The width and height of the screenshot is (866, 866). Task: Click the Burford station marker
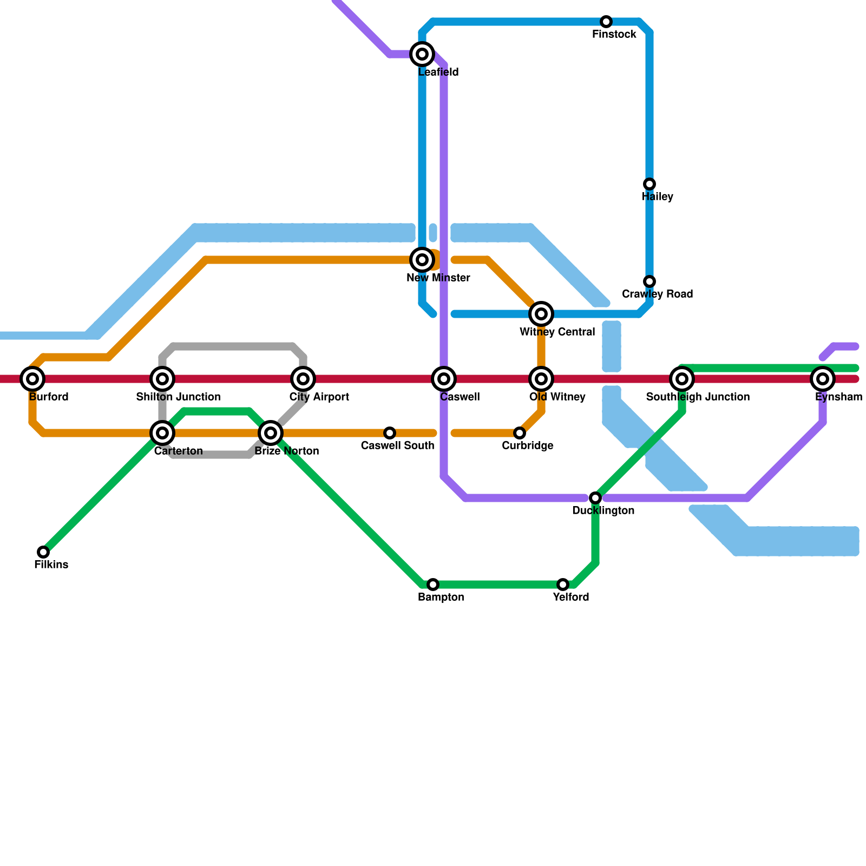(32, 379)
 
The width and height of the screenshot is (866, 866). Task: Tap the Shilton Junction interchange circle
(162, 379)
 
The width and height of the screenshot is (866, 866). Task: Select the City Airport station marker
(303, 379)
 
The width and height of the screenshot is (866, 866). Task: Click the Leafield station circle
(422, 54)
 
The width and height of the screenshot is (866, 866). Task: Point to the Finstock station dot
(606, 22)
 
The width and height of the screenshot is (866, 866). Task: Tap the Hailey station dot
(649, 184)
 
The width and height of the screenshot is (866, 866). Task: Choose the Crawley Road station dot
(649, 281)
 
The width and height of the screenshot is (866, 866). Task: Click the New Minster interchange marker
(422, 260)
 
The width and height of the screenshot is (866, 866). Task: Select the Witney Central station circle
(541, 314)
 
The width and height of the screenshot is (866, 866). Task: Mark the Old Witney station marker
(541, 379)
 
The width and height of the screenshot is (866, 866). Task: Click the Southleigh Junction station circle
(682, 379)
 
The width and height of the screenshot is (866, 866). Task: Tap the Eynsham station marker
(823, 379)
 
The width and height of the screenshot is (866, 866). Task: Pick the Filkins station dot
(43, 552)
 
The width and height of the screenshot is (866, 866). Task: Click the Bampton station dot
(433, 585)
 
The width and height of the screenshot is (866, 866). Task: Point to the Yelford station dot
(563, 585)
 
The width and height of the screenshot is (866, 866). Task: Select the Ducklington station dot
(595, 498)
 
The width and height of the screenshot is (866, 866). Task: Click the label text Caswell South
(397, 446)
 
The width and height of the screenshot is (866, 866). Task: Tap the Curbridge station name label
(527, 446)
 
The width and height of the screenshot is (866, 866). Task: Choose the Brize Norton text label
(286, 451)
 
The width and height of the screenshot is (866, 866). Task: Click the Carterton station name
(178, 451)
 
